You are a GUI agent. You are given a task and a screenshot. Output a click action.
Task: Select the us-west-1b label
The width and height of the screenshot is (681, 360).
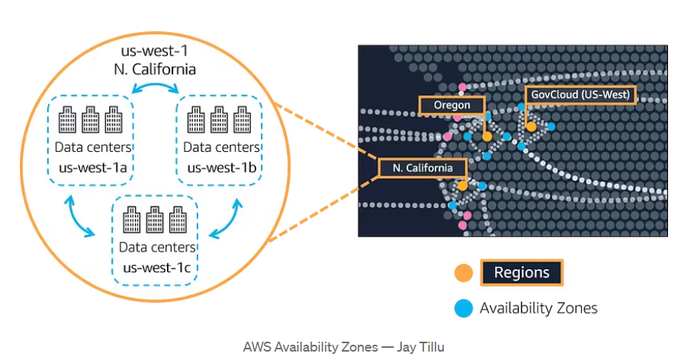[220, 168]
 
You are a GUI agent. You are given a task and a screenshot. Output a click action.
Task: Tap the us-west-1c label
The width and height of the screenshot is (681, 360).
[156, 268]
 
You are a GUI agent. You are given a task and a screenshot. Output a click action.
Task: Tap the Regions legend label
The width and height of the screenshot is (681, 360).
[521, 272]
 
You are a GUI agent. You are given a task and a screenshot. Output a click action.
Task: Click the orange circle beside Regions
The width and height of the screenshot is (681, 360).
[463, 273]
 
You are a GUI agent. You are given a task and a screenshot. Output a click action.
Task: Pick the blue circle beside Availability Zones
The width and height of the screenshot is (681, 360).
[463, 308]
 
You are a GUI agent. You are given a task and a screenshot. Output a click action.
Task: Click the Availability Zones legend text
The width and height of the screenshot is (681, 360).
[538, 308]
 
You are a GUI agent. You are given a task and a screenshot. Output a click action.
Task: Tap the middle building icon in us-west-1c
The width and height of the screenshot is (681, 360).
[156, 220]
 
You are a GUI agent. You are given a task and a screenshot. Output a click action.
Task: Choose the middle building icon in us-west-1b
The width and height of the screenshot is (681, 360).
[220, 121]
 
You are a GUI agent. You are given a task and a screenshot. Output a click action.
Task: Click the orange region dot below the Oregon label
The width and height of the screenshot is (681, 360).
[487, 136]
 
